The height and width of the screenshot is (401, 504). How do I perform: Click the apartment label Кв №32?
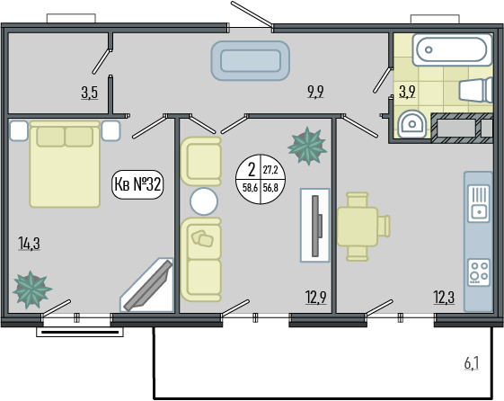[x=137, y=184]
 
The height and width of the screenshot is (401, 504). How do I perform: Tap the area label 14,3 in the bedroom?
[x=30, y=243]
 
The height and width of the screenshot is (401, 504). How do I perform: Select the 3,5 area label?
[x=89, y=93]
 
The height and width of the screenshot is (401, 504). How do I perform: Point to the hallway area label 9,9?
[x=316, y=92]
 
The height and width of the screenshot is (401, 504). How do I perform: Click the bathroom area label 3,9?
[x=407, y=92]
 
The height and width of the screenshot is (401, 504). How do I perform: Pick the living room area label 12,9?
[x=316, y=297]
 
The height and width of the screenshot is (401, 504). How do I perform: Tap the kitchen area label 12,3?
[x=444, y=297]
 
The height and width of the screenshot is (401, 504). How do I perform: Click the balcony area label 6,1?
[x=472, y=364]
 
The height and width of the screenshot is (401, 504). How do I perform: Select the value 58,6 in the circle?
[x=250, y=188]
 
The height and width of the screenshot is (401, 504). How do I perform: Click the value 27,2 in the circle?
[x=270, y=170]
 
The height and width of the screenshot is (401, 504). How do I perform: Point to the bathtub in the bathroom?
[x=452, y=49]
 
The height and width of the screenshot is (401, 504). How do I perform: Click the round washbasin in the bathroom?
[x=411, y=124]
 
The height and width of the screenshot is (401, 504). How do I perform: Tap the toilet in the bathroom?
[x=476, y=90]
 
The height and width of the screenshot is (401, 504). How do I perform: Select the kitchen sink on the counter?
[x=479, y=203]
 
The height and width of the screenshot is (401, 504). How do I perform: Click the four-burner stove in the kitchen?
[x=479, y=272]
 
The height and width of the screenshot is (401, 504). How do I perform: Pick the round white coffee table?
[x=204, y=201]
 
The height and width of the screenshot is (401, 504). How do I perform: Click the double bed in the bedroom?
[x=65, y=164]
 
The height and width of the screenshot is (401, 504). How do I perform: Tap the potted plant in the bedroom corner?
[x=31, y=290]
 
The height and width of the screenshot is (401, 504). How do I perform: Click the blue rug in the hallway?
[x=251, y=61]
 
